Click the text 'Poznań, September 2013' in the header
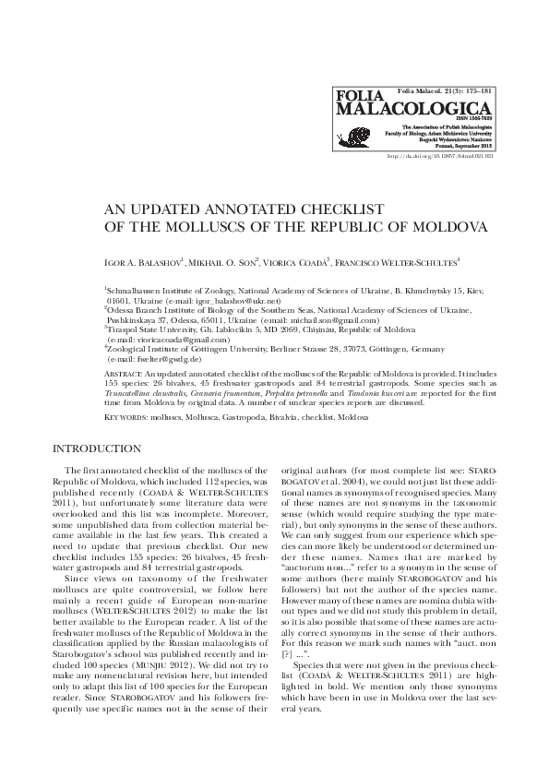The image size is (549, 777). (x=461, y=145)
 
